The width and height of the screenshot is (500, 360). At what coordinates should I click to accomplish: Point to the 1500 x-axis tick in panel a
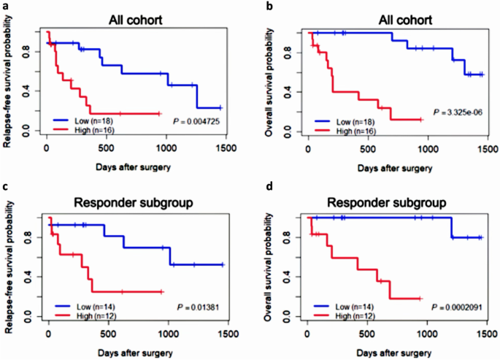226,145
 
